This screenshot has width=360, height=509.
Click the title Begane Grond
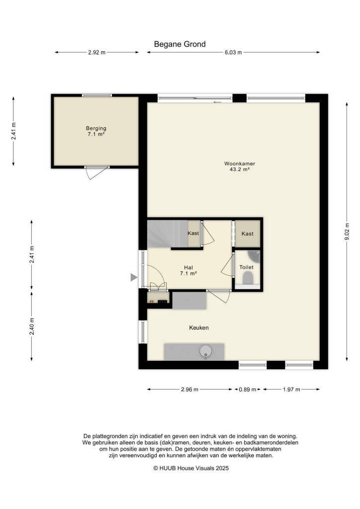180,44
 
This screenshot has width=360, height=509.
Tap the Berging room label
96,131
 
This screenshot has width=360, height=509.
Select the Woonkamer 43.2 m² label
240,166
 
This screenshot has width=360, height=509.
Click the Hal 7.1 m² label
188,270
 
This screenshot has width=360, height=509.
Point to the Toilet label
247,267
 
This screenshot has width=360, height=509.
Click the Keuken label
199,328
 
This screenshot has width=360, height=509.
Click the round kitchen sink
206,351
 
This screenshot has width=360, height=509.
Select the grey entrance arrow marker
134,277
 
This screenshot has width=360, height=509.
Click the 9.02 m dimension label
347,232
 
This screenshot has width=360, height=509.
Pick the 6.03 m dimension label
233,52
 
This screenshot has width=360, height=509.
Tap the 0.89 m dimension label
248,390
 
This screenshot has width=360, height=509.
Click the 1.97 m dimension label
291,390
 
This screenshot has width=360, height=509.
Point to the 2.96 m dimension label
189,390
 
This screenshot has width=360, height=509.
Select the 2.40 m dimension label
31,326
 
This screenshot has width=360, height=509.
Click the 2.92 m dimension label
97,52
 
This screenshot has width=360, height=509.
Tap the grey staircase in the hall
168,234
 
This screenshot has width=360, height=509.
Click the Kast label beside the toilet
247,234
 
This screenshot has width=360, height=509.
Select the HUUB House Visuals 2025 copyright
191,468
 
